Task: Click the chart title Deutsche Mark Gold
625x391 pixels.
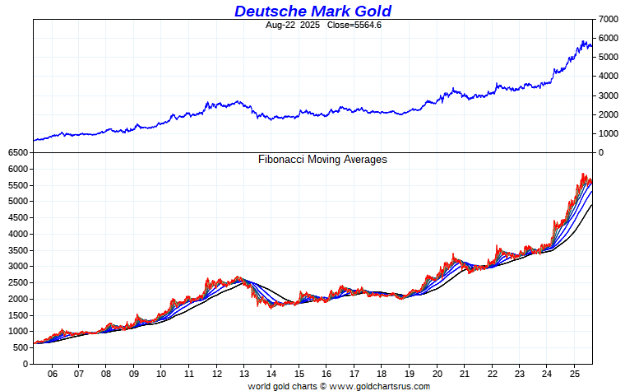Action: pyautogui.click(x=312, y=11)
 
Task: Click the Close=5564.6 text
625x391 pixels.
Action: pyautogui.click(x=355, y=25)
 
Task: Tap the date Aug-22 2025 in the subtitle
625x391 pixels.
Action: pyautogui.click(x=293, y=25)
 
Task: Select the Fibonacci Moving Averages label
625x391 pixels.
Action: pyautogui.click(x=322, y=160)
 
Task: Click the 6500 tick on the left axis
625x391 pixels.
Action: pyautogui.click(x=18, y=153)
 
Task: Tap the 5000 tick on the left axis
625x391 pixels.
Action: pyautogui.click(x=18, y=202)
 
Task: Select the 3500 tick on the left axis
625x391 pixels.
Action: pyautogui.click(x=18, y=250)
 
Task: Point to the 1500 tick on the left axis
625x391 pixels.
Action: pyautogui.click(x=18, y=315)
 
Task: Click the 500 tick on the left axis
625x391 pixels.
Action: pyautogui.click(x=21, y=347)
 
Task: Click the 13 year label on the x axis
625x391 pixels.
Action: pyautogui.click(x=244, y=373)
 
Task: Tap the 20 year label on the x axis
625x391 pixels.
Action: pyautogui.click(x=437, y=373)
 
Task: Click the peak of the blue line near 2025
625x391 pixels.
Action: pyautogui.click(x=583, y=40)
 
